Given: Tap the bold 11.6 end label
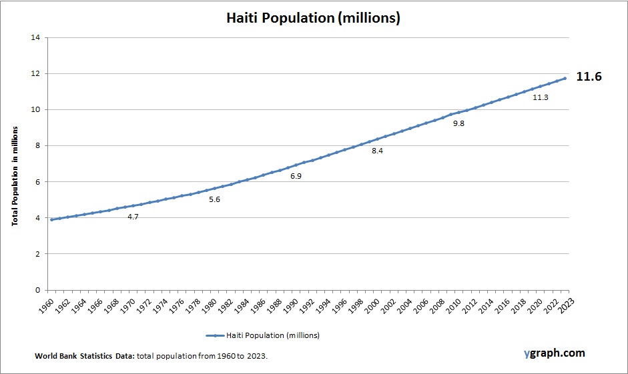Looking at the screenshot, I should coord(589,77).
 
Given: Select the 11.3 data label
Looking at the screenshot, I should coord(541,97).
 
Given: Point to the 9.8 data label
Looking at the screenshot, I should coord(459,123).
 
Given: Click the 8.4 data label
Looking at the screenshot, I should coord(378,151).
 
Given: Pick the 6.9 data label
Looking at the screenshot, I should coord(296,175).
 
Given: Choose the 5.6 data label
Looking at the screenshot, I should coord(214,199).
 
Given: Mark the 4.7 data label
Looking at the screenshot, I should coord(133,217).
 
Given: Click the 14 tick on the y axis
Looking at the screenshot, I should coord(35,38).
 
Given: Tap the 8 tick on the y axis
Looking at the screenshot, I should coord(37,146).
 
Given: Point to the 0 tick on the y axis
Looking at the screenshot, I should coord(37,290).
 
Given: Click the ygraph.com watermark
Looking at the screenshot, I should coord(554,353).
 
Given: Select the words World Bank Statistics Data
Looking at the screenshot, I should coord(85,357).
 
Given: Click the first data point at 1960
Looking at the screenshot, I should coord(51,219).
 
